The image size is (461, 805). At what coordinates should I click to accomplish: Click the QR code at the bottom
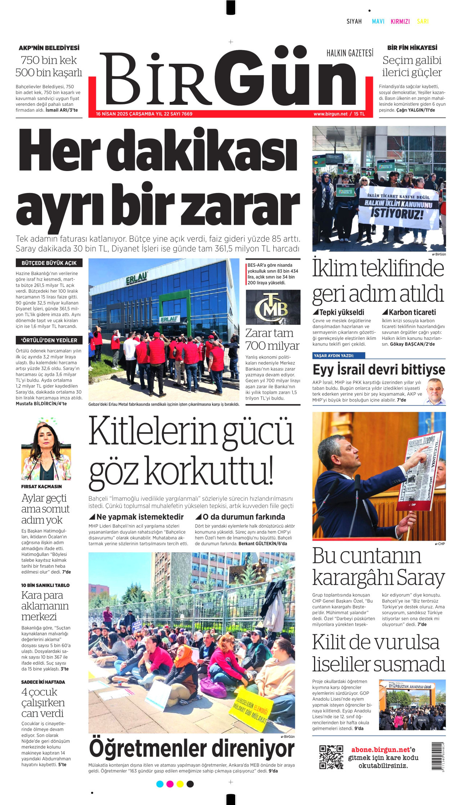point(331,757)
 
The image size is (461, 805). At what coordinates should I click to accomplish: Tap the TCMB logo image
point(273,307)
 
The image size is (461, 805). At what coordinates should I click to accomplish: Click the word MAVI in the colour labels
point(378,22)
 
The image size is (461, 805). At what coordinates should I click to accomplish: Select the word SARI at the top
point(423,22)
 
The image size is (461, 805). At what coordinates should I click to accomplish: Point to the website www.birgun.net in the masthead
point(330,114)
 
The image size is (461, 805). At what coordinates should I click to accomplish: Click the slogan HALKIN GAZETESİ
point(350,53)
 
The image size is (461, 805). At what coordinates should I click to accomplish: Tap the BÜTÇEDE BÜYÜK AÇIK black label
point(49,263)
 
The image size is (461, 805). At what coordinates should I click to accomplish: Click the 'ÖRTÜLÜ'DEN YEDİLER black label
point(49,340)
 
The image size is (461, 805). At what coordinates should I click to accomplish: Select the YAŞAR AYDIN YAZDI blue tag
point(339,356)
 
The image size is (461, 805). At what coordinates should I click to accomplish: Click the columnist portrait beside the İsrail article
point(435,392)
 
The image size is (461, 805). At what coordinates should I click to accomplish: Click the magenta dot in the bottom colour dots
point(170,784)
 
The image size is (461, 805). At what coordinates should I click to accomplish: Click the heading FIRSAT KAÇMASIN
point(41,487)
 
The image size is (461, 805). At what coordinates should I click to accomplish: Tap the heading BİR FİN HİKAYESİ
point(412,48)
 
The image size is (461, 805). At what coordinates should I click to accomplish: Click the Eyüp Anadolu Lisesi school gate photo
point(412,705)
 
